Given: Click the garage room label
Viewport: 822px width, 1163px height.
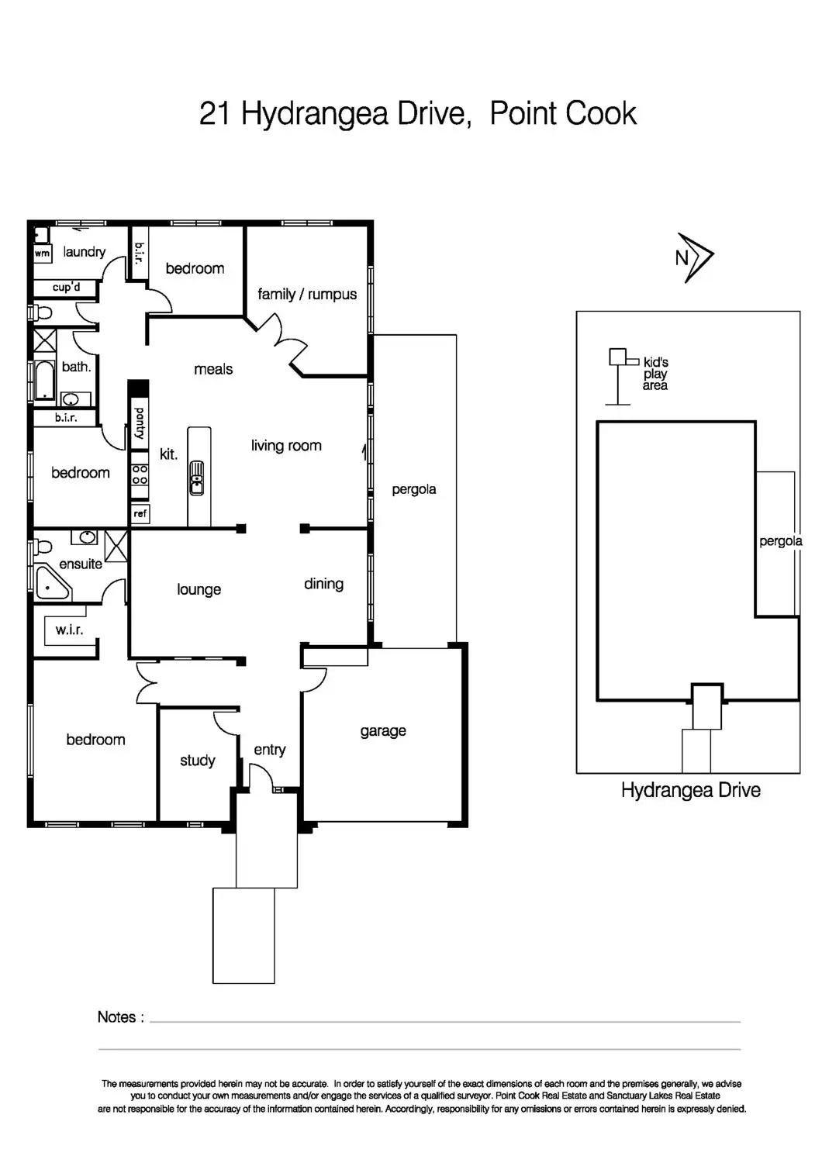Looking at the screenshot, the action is [383, 731].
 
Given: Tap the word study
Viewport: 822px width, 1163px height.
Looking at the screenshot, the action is [198, 761].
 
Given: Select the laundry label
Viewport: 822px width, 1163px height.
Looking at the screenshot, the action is [84, 252].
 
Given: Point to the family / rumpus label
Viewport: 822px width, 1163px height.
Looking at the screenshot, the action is [307, 295].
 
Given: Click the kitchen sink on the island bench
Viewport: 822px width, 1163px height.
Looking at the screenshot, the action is [197, 477].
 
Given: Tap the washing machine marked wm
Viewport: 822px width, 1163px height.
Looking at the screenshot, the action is [42, 253].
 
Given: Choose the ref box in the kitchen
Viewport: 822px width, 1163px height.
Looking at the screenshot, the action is [140, 513].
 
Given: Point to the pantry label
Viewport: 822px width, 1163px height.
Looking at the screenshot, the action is [140, 423].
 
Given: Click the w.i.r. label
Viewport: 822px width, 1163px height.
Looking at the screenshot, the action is [69, 630].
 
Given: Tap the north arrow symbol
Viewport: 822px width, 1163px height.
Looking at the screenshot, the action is [694, 257].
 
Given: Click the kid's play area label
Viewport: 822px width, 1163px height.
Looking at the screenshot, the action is [655, 374].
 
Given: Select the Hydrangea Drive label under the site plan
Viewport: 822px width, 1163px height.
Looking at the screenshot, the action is [690, 791].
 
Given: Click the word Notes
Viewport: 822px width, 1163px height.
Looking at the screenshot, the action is [117, 1017].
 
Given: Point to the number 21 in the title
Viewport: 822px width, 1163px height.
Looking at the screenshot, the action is [215, 114].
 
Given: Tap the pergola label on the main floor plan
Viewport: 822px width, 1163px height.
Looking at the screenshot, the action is [413, 489].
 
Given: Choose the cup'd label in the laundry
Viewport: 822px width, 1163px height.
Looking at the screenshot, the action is [66, 288].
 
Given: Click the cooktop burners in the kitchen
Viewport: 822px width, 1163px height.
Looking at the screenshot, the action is [140, 475].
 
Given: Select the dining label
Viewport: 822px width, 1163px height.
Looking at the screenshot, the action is [323, 584].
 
